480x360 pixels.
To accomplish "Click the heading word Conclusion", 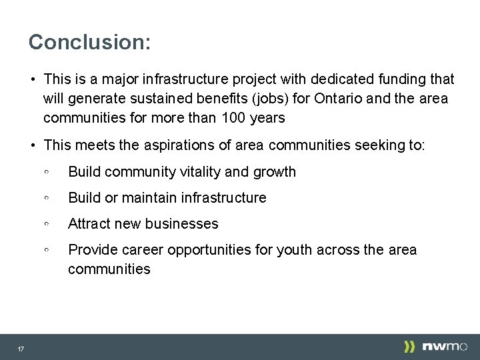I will [x=89, y=42].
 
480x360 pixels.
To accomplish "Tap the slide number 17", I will [x=21, y=349].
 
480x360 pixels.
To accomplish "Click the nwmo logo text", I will [x=445, y=347].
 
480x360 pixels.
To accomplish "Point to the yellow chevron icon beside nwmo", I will [x=409, y=347].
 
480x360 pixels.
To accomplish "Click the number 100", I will [x=221, y=119].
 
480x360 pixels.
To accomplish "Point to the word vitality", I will [x=200, y=171].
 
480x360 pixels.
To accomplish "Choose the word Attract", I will [x=90, y=224].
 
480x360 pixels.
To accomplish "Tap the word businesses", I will [x=181, y=224].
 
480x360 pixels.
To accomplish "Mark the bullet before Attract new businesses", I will [x=47, y=225].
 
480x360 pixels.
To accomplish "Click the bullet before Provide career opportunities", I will [x=47, y=251].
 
